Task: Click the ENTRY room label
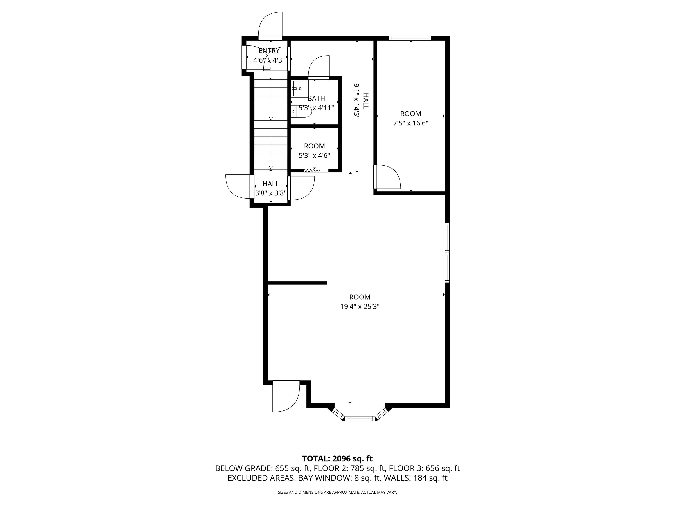click(269, 51)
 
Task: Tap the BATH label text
click(316, 98)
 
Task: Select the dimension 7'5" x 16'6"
click(410, 123)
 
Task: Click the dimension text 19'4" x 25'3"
click(360, 307)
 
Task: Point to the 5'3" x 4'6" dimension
click(314, 156)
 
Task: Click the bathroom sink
click(300, 88)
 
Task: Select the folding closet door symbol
click(312, 171)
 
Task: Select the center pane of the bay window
click(360, 419)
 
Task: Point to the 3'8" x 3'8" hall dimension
click(271, 193)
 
